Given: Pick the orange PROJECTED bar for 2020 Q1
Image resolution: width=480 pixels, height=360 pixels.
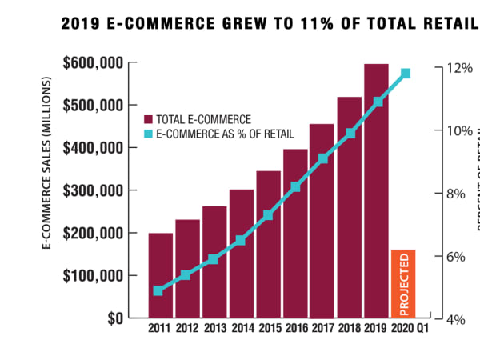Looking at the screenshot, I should (403, 283).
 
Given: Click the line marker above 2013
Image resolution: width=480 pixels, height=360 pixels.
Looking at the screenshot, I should (213, 259).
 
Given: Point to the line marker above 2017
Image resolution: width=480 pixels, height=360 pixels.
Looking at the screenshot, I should (322, 158).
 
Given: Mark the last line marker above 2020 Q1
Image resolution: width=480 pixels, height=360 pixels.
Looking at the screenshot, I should (406, 74).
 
